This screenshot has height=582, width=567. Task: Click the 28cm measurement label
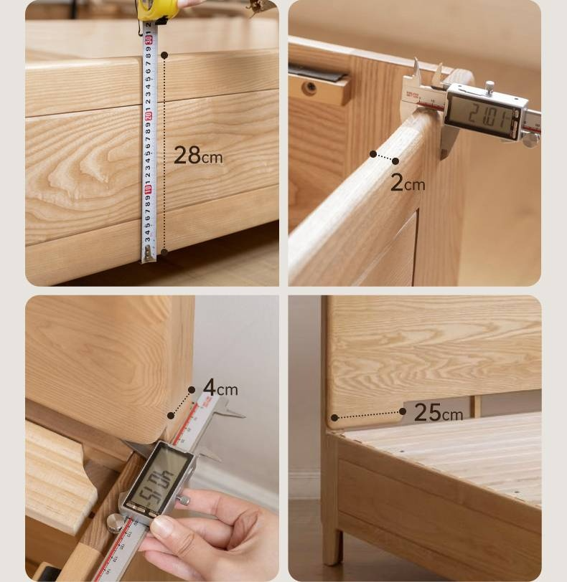(198, 155)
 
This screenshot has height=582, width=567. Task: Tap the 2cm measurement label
(408, 183)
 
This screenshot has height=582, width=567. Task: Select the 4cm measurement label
(220, 388)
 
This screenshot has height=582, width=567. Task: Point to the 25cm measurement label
(438, 412)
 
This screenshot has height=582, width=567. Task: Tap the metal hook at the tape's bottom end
(149, 252)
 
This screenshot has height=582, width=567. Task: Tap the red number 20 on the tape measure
(149, 115)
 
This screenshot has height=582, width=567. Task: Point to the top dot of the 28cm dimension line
(164, 54)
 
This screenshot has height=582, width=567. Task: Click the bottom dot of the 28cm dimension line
(164, 252)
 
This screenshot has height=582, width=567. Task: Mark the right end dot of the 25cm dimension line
(403, 411)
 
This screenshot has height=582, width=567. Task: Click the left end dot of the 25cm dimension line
(334, 418)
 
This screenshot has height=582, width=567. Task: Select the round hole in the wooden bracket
(311, 88)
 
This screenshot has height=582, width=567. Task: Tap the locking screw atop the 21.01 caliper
(489, 87)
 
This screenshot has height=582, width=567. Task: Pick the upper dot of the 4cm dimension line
(192, 390)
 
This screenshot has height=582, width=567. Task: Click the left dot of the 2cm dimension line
(373, 154)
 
